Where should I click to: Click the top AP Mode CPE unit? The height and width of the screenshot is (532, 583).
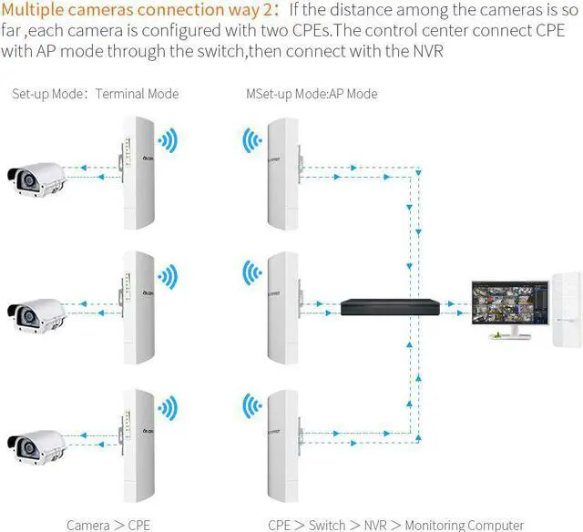point(283,174)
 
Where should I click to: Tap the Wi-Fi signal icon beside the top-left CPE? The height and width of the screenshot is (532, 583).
point(167,141)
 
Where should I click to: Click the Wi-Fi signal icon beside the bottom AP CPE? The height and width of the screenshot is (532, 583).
point(251,407)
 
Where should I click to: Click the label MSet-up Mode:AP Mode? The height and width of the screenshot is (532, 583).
point(312,94)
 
